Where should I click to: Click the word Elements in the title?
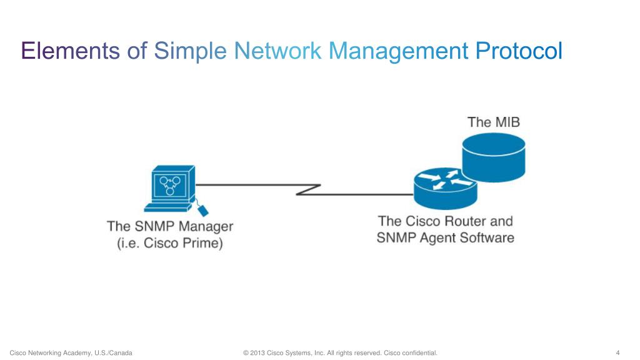pyautogui.click(x=70, y=51)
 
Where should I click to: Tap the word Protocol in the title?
pyautogui.click(x=519, y=51)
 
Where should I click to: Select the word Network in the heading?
pyautogui.click(x=277, y=51)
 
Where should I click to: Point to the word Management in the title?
pyautogui.click(x=398, y=52)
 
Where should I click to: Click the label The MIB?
pyautogui.click(x=494, y=122)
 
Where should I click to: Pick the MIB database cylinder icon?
pyautogui.click(x=494, y=157)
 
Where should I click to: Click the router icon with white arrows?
pyautogui.click(x=445, y=188)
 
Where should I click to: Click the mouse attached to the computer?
pyautogui.click(x=202, y=210)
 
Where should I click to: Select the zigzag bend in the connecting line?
pyautogui.click(x=308, y=190)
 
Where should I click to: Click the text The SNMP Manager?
pyautogui.click(x=170, y=226)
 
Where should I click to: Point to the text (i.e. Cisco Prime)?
pyautogui.click(x=170, y=243)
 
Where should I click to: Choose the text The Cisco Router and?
pyautogui.click(x=445, y=221)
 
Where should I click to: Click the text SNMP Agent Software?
pyautogui.click(x=445, y=238)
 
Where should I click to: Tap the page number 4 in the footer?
pyautogui.click(x=617, y=352)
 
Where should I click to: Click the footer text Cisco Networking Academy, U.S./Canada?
pyautogui.click(x=71, y=352)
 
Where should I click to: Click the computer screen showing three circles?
pyautogui.click(x=170, y=185)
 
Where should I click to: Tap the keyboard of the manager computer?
pyautogui.click(x=167, y=207)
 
